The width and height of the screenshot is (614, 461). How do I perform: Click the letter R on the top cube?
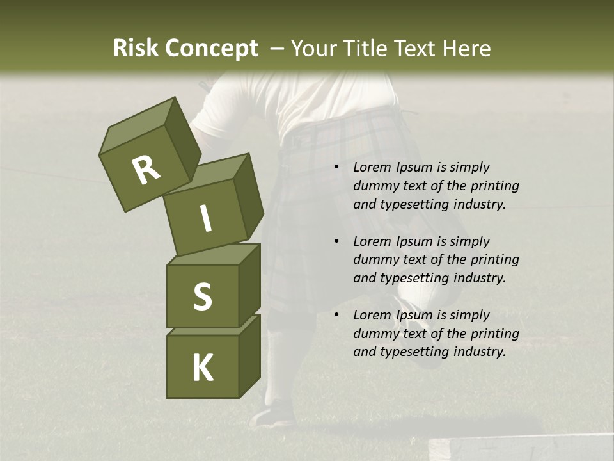click(x=146, y=170)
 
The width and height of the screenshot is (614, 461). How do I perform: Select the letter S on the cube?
click(x=202, y=296)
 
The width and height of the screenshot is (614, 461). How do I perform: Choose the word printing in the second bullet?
click(x=495, y=260)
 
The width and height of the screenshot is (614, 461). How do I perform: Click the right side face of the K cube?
click(x=249, y=355)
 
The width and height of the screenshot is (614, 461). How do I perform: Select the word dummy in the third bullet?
click(x=376, y=334)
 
